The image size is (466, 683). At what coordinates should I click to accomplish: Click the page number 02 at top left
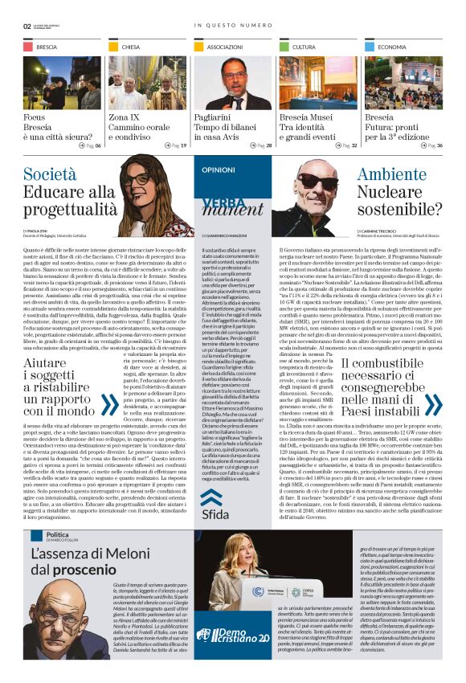(27, 26)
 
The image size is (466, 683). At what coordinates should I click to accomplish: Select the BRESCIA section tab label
(47, 47)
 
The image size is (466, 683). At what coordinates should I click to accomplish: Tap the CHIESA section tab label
(131, 47)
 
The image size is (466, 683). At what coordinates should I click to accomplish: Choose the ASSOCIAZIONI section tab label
(224, 47)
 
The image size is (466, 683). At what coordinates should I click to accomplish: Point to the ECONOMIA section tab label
(392, 47)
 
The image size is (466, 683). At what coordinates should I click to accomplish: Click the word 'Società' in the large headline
(50, 174)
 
